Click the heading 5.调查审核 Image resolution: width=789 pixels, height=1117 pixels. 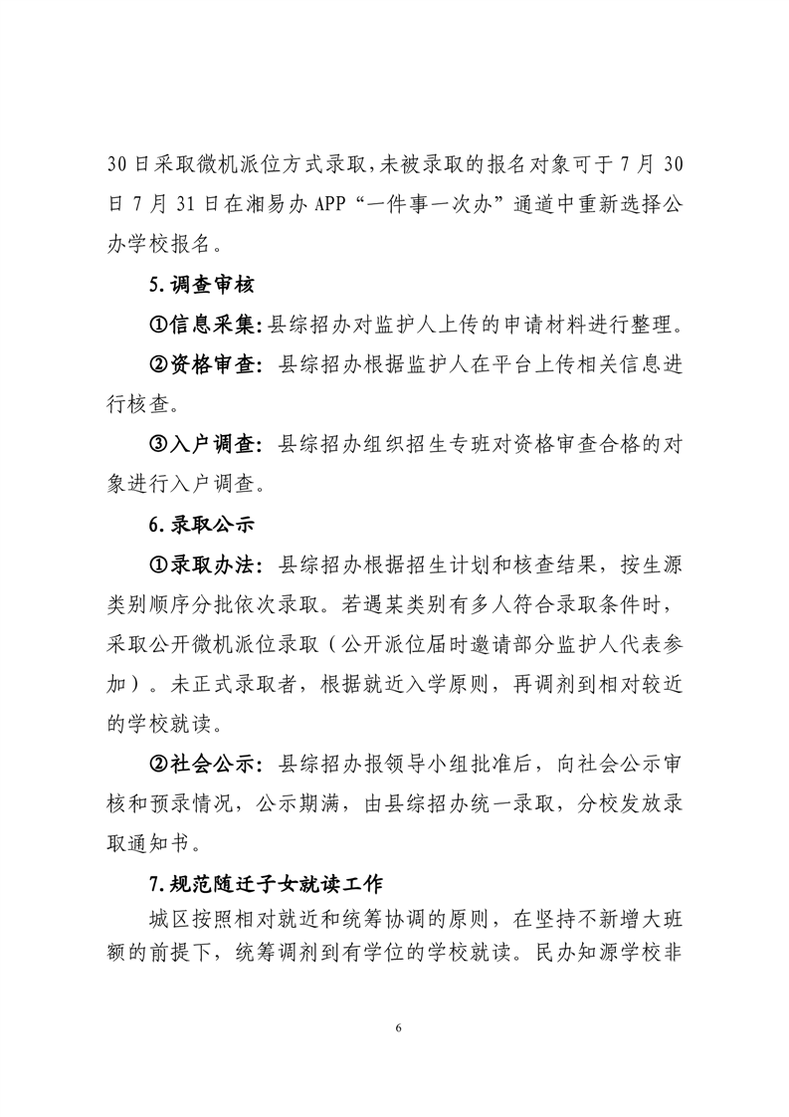click(x=201, y=285)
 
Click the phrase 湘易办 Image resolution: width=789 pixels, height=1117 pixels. click(x=280, y=204)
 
